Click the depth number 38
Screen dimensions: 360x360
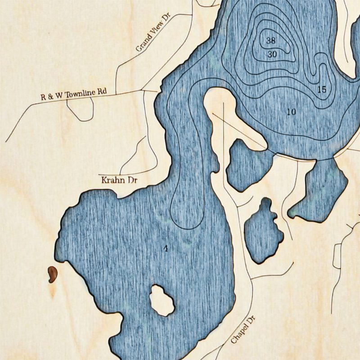[x=270, y=40]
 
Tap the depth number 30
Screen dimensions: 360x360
[x=272, y=54]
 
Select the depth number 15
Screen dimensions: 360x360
[x=321, y=90]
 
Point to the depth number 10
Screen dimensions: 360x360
[x=291, y=111]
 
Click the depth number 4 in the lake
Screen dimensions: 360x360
[x=166, y=248]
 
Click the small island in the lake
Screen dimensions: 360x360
[x=162, y=300]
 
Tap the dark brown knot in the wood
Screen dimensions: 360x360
[x=52, y=274]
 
